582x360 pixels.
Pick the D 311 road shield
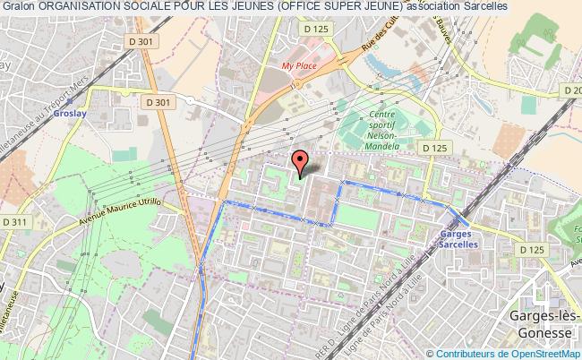point(15,221)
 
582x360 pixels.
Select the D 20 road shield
point(571,90)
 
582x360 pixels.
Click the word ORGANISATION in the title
point(81,6)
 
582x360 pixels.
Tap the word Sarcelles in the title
point(481,6)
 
